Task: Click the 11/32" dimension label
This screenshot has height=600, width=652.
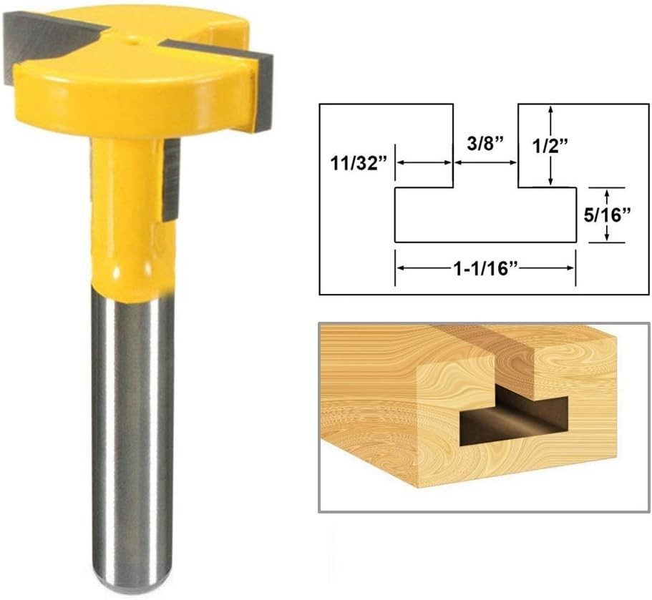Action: (356, 163)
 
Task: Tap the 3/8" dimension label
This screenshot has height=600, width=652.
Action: (485, 144)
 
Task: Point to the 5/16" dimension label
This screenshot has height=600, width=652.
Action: (608, 215)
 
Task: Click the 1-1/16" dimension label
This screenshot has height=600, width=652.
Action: (485, 269)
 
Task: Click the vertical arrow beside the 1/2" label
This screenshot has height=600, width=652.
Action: (550, 145)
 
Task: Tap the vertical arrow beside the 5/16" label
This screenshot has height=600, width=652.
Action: (607, 215)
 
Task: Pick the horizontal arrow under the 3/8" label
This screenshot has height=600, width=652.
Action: (485, 163)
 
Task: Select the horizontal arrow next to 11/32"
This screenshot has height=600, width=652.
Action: (424, 163)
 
